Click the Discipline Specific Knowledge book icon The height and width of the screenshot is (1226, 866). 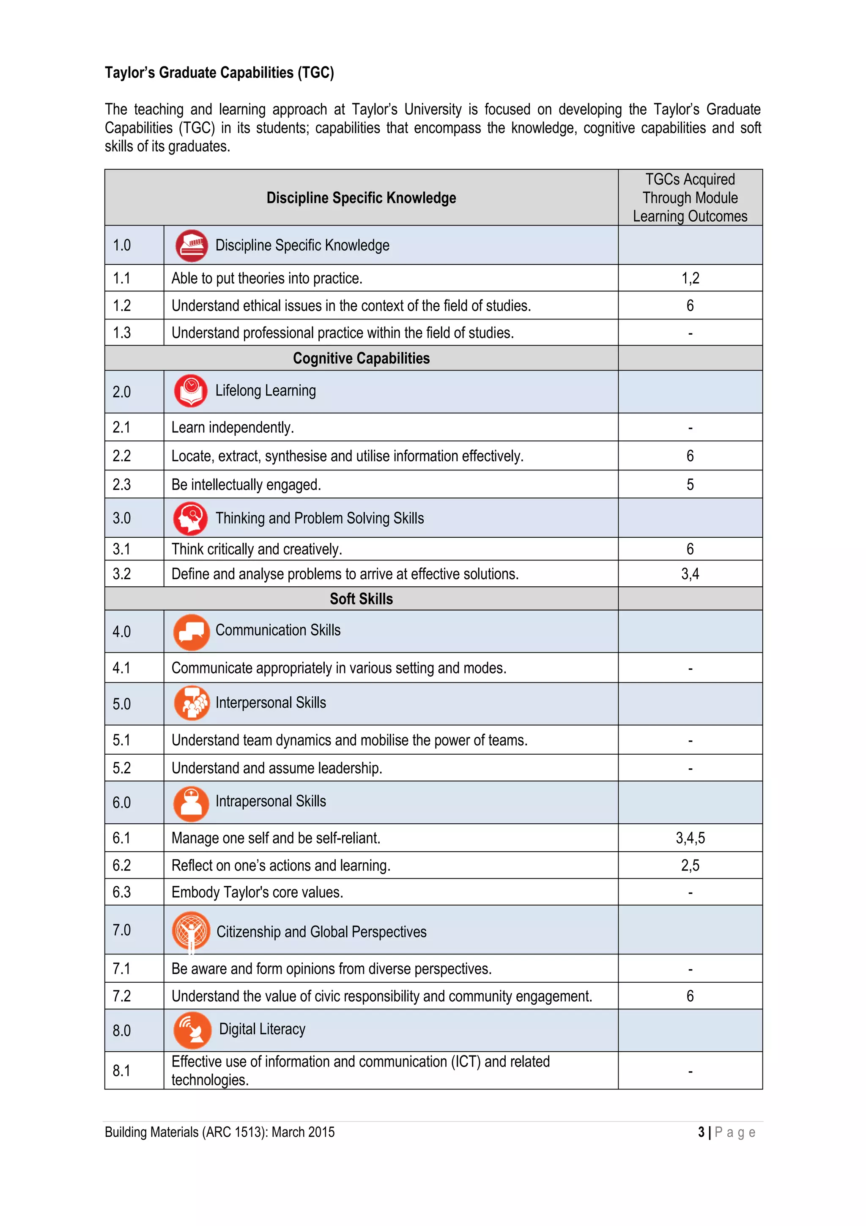coord(191,246)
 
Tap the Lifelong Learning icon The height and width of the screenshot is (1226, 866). coord(190,391)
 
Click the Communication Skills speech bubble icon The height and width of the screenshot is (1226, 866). coord(191,632)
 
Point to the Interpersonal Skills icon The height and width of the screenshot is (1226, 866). coord(192,703)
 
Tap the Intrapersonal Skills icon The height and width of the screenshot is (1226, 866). coord(191,803)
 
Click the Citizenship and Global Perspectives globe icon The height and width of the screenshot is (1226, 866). coord(191,931)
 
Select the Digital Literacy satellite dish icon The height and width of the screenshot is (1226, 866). coord(192,1030)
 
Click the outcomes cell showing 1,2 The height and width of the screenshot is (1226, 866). coord(690,278)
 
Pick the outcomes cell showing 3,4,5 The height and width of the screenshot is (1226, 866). coord(690,838)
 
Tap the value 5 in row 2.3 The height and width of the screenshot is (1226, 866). coord(690,485)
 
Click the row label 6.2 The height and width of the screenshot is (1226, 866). coord(122,866)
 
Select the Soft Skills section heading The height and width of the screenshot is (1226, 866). coord(361,599)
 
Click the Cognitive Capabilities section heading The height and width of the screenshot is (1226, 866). coord(361,358)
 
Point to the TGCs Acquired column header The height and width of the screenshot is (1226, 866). coord(690,198)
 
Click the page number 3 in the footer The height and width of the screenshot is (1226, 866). coord(701,1132)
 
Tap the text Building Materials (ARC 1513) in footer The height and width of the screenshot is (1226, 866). coord(219,1132)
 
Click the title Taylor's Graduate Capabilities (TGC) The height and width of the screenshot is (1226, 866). coord(219,73)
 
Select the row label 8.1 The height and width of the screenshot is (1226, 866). coord(122,1071)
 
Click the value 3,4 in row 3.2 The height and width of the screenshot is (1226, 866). coord(690,574)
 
